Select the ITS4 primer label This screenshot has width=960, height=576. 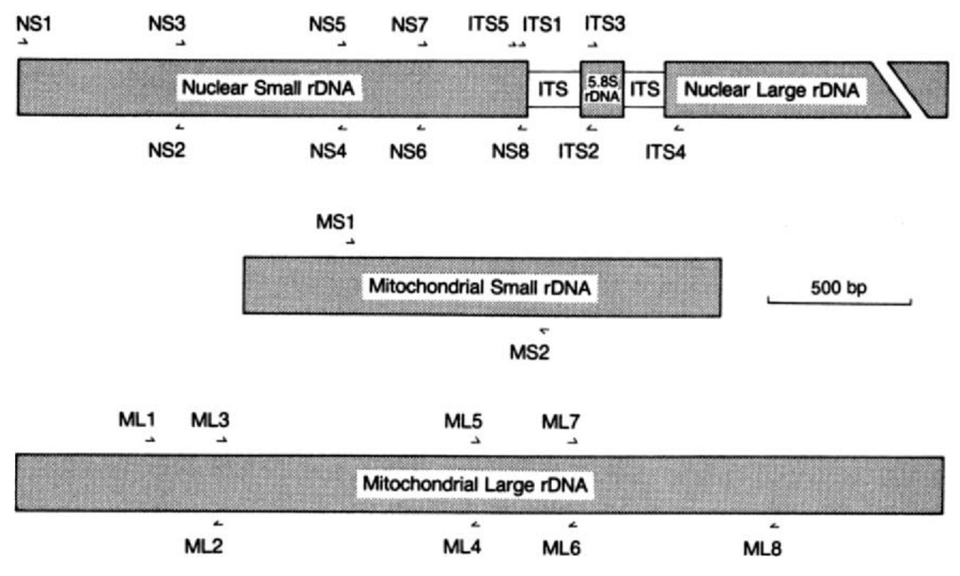click(x=666, y=152)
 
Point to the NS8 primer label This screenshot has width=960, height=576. click(x=511, y=152)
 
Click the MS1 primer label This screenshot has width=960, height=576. click(x=335, y=221)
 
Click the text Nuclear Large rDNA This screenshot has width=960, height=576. click(x=770, y=90)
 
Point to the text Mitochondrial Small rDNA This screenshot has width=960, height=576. click(x=480, y=288)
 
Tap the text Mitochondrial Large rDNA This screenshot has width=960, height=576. click(x=475, y=485)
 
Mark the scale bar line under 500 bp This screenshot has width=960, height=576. click(x=840, y=303)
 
